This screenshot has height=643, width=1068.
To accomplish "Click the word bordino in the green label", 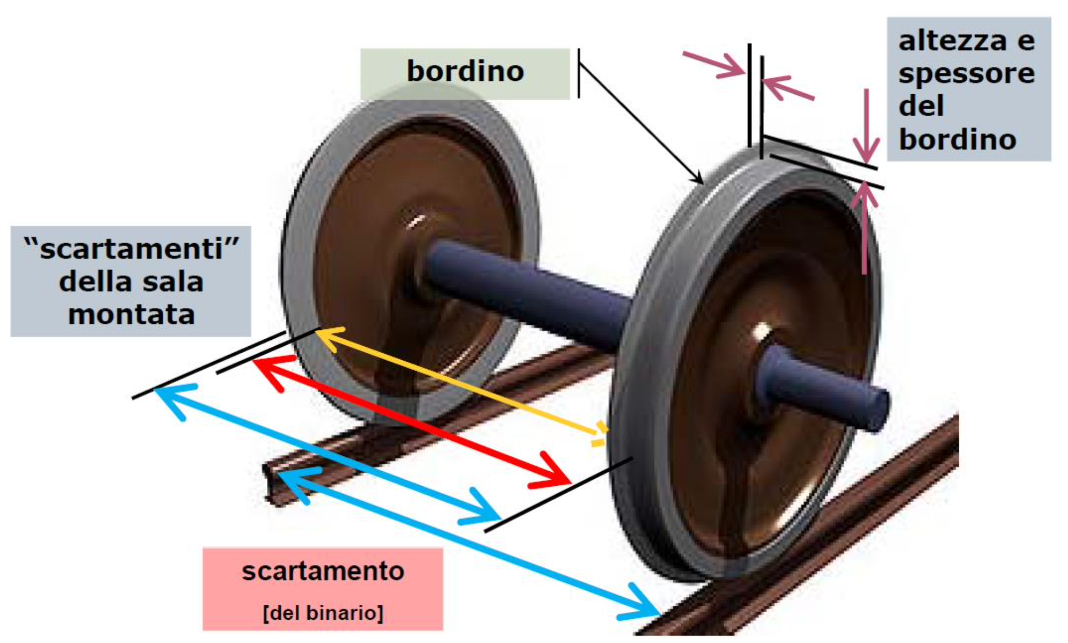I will click(465, 71).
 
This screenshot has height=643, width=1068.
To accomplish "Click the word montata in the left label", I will click(131, 315).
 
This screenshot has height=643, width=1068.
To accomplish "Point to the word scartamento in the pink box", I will click(323, 572).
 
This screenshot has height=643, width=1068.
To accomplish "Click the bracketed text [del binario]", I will click(323, 613).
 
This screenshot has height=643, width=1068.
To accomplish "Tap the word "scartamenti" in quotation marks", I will click(131, 249).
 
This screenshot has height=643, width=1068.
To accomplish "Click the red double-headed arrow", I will click(410, 420).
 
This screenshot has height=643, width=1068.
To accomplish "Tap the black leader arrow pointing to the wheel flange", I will click(641, 124).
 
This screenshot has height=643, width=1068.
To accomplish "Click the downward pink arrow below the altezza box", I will click(866, 126).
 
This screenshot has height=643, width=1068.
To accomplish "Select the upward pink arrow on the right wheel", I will click(865, 229).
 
